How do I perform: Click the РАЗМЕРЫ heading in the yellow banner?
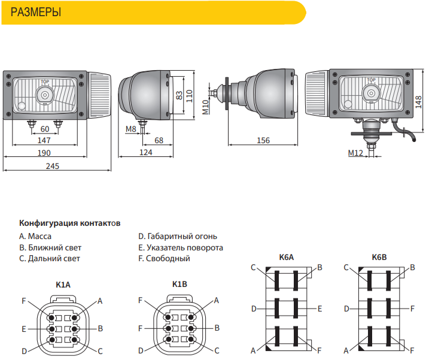tap(35, 12)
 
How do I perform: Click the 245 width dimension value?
tap(53, 166)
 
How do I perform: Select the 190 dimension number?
tap(44, 153)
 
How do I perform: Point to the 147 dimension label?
tap(44, 140)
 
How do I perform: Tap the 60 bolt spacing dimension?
tap(45, 129)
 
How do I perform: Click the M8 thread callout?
tap(130, 129)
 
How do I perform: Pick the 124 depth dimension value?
tap(146, 152)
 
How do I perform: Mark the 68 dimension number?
tap(159, 140)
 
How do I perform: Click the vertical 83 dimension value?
tap(179, 95)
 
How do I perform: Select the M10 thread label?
tap(205, 107)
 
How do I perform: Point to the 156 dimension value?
tap(263, 140)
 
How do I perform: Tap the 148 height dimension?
tap(419, 102)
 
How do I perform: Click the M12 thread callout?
tap(355, 153)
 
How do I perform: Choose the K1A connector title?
tap(63, 285)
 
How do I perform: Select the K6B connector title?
tap(379, 257)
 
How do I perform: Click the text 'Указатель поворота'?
tap(185, 248)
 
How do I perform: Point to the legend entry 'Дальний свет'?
tap(54, 259)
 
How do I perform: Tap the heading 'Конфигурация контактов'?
tap(70, 223)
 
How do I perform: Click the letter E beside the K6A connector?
tap(319, 308)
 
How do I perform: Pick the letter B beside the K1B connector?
tap(217, 328)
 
